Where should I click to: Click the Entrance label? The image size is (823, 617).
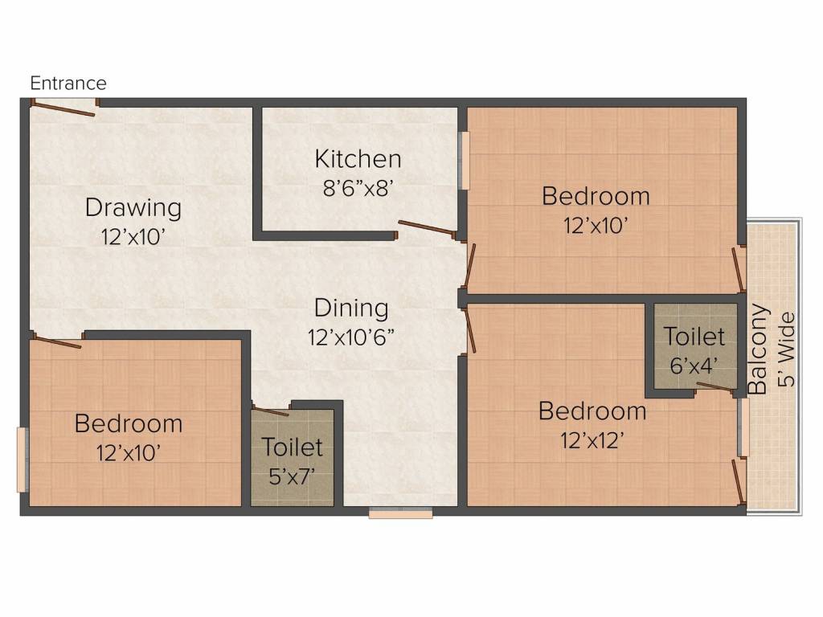point(68,83)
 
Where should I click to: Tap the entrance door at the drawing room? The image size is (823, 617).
point(64,107)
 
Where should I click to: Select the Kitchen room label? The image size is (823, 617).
point(358,158)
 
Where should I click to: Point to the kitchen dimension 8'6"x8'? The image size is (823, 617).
point(358,189)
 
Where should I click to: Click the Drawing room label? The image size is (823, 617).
point(133,207)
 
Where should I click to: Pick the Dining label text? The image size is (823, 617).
point(351,308)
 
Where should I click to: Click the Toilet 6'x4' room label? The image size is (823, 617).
point(694,336)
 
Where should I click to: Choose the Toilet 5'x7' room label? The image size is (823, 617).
point(292,446)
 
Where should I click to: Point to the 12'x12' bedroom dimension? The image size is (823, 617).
point(592,440)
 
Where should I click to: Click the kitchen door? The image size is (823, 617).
point(427,229)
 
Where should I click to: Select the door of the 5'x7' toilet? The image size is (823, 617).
point(271,410)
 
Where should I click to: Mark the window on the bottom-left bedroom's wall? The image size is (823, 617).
point(21,460)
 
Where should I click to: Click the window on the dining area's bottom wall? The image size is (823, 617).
point(400,513)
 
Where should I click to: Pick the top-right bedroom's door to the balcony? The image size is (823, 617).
point(739,270)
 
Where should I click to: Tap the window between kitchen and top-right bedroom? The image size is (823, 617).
point(464,161)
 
